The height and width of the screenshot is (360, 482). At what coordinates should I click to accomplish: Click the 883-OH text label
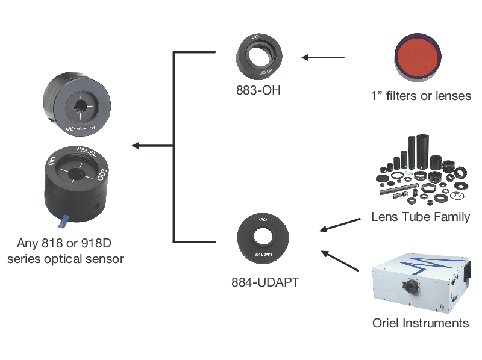[x=258, y=92]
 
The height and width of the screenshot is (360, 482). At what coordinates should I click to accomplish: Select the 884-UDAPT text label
[x=265, y=282]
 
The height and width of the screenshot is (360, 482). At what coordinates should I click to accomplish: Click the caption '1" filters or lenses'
[x=421, y=96]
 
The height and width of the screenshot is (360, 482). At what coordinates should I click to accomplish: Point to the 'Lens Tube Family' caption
[x=421, y=217]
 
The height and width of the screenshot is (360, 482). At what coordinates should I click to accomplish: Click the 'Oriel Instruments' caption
[x=421, y=323]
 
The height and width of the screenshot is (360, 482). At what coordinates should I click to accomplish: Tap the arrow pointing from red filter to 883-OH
[x=323, y=58]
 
